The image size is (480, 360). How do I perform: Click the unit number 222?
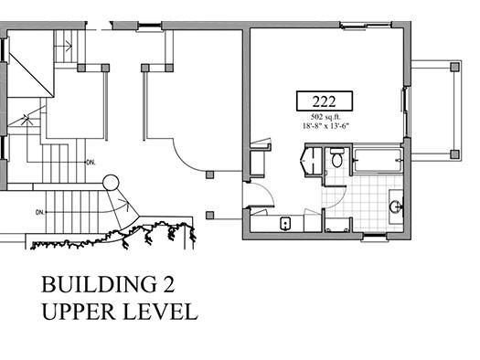click(x=325, y=101)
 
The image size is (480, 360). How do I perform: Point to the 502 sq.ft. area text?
click(x=325, y=117)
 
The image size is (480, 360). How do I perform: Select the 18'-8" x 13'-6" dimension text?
click(x=325, y=126)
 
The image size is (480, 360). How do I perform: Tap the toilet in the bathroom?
click(x=336, y=157)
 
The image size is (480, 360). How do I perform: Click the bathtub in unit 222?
click(x=377, y=160)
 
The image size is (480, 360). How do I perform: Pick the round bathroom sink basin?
click(x=396, y=206)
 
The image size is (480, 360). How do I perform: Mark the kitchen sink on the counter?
click(x=285, y=224)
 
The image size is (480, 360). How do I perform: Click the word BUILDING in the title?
click(x=98, y=284)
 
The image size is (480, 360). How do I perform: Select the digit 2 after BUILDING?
click(x=168, y=284)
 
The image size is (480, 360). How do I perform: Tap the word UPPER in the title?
click(x=79, y=312)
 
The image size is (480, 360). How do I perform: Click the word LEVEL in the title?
click(x=160, y=312)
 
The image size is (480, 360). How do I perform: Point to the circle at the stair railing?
click(x=111, y=183)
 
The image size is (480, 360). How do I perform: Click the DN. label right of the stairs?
click(x=91, y=163)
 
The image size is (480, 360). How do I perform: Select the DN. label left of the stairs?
click(x=40, y=212)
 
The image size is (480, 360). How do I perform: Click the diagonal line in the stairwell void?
click(x=30, y=74)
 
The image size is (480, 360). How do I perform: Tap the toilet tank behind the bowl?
click(x=336, y=151)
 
